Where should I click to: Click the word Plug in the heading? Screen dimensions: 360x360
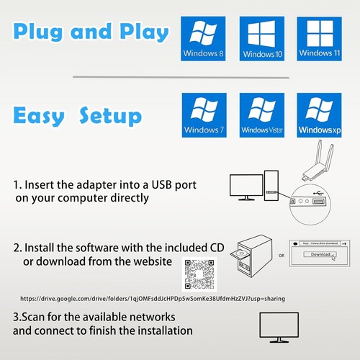tap(50, 33)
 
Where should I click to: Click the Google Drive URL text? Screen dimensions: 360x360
tap(144, 298)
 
